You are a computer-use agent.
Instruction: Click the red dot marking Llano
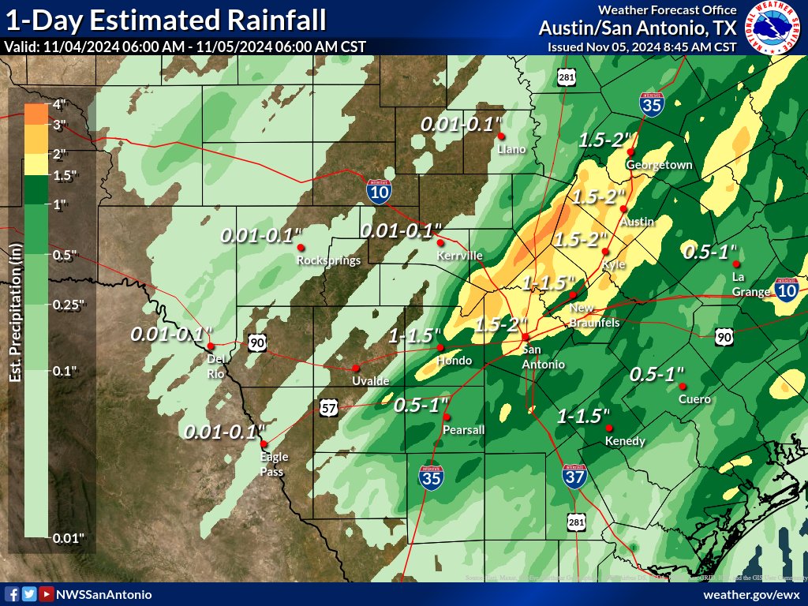[x=501, y=136]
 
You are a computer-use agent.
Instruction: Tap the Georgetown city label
[x=659, y=165]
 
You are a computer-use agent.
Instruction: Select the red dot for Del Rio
[x=211, y=346]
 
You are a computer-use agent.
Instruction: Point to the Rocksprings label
[x=328, y=260]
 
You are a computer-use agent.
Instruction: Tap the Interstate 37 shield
[x=574, y=476]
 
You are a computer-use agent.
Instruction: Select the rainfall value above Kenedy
[x=584, y=415]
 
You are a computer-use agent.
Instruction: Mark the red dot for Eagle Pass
[x=264, y=443]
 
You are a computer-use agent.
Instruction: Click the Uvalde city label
[x=371, y=381]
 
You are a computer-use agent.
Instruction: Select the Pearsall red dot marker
[x=447, y=417]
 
